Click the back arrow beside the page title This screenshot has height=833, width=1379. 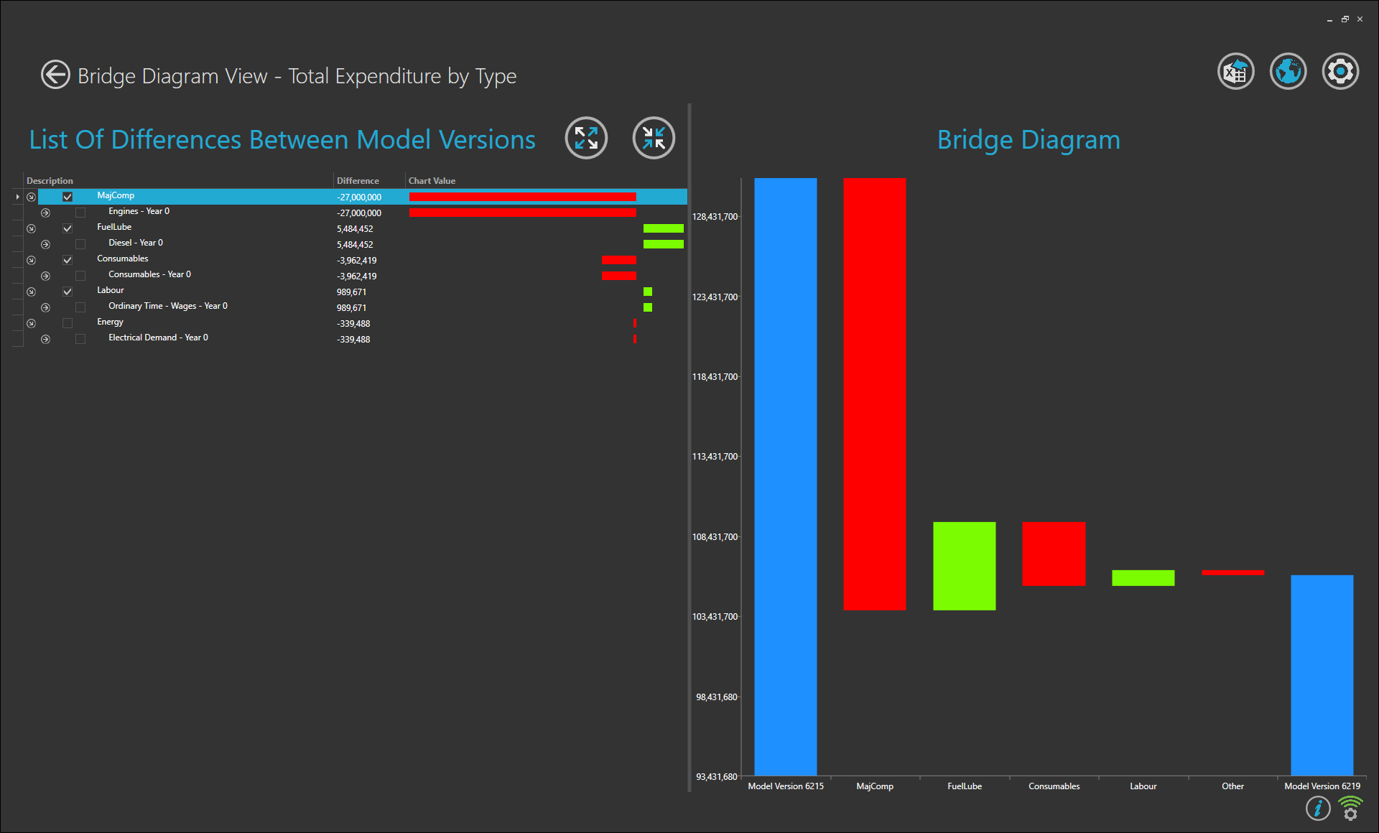pos(55,75)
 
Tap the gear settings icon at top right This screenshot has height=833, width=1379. pos(1340,72)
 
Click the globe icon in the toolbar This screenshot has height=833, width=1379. pos(1288,72)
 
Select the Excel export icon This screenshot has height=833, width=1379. pos(1235,72)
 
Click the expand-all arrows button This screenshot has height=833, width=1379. pos(586,138)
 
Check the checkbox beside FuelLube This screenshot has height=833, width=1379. pos(68,228)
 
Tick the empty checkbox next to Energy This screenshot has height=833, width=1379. pos(68,323)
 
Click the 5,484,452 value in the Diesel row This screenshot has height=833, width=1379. pos(355,245)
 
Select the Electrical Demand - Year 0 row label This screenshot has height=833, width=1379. pos(158,338)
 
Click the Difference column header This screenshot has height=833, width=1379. pos(358,181)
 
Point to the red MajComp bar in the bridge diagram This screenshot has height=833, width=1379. pos(874,394)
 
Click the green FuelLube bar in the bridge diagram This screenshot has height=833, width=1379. pos(964,566)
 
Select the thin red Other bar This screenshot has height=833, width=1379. pos(1232,572)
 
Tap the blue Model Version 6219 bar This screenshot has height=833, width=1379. pos(1322,675)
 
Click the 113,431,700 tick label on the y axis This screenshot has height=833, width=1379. pos(715,457)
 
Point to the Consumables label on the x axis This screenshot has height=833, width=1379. pos(1054,786)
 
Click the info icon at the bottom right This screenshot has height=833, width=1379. pos(1317,809)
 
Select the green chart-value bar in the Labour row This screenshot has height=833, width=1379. pos(648,292)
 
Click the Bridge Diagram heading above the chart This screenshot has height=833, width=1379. pos(1028,140)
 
